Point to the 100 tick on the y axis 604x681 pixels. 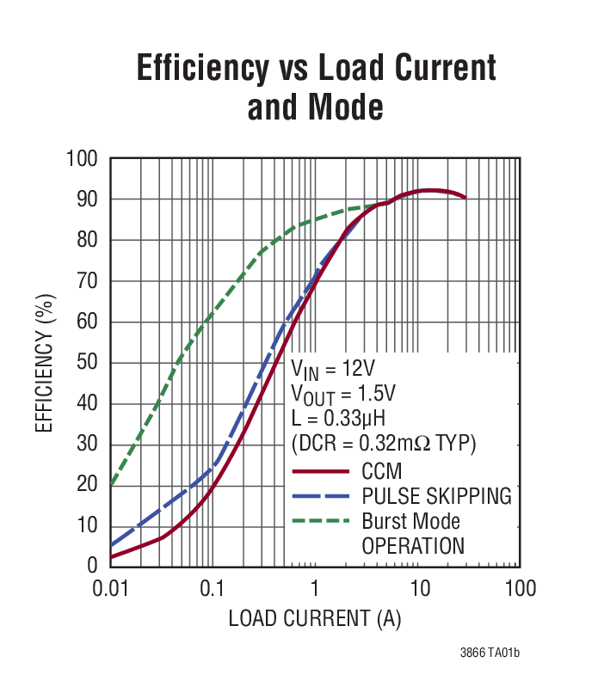pos(84,160)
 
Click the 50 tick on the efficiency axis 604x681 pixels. pos(89,363)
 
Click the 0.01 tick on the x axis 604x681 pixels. pos(109,589)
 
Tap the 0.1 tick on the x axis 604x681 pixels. pos(212,589)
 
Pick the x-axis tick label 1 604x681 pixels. pos(315,589)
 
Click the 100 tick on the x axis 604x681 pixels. pos(520,589)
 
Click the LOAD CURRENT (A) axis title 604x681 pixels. pos(314,618)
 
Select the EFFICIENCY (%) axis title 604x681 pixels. pos(45,362)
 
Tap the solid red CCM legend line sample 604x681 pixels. pos(321,472)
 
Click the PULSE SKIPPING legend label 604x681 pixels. pos(436,496)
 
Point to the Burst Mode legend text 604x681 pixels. pos(410,521)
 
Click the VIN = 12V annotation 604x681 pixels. pos(332,371)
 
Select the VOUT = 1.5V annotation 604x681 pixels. pos(342,395)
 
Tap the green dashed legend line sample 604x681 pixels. pos(321,521)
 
